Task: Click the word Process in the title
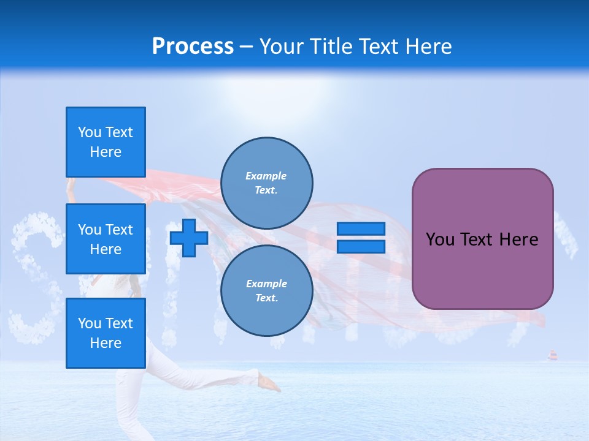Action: pyautogui.click(x=193, y=47)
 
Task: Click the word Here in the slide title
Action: pyautogui.click(x=428, y=47)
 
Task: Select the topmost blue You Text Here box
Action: pyautogui.click(x=106, y=142)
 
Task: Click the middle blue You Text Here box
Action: pyautogui.click(x=106, y=239)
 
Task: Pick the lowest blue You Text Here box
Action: pyautogui.click(x=106, y=333)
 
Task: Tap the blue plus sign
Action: pyautogui.click(x=189, y=238)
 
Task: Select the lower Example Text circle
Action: pyautogui.click(x=267, y=291)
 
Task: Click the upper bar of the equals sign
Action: pyautogui.click(x=361, y=229)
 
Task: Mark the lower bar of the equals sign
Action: pyautogui.click(x=361, y=246)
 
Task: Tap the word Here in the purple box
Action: pyautogui.click(x=519, y=239)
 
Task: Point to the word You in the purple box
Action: pyautogui.click(x=440, y=239)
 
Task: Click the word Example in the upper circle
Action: pyautogui.click(x=266, y=176)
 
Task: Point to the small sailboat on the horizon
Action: pyautogui.click(x=552, y=355)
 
